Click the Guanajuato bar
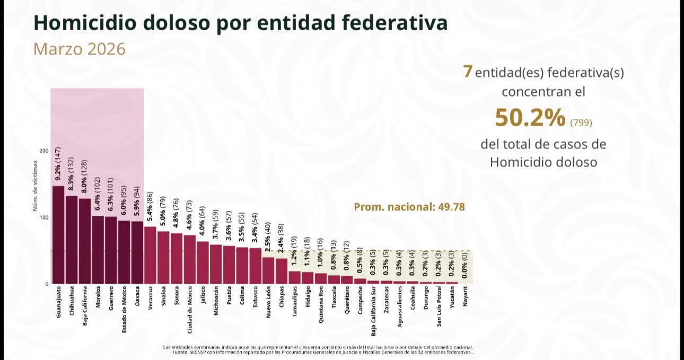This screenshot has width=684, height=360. click(58, 234)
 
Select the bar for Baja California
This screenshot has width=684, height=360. click(84, 241)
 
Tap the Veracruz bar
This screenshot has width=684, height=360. click(150, 254)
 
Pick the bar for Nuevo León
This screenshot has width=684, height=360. click(268, 270)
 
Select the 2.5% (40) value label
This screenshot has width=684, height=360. click(268, 239)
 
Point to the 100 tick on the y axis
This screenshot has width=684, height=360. click(43, 217)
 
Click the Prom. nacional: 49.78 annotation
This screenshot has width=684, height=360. click(409, 207)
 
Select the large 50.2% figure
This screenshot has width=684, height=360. click(530, 118)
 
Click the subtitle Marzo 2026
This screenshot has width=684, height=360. click(80, 49)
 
